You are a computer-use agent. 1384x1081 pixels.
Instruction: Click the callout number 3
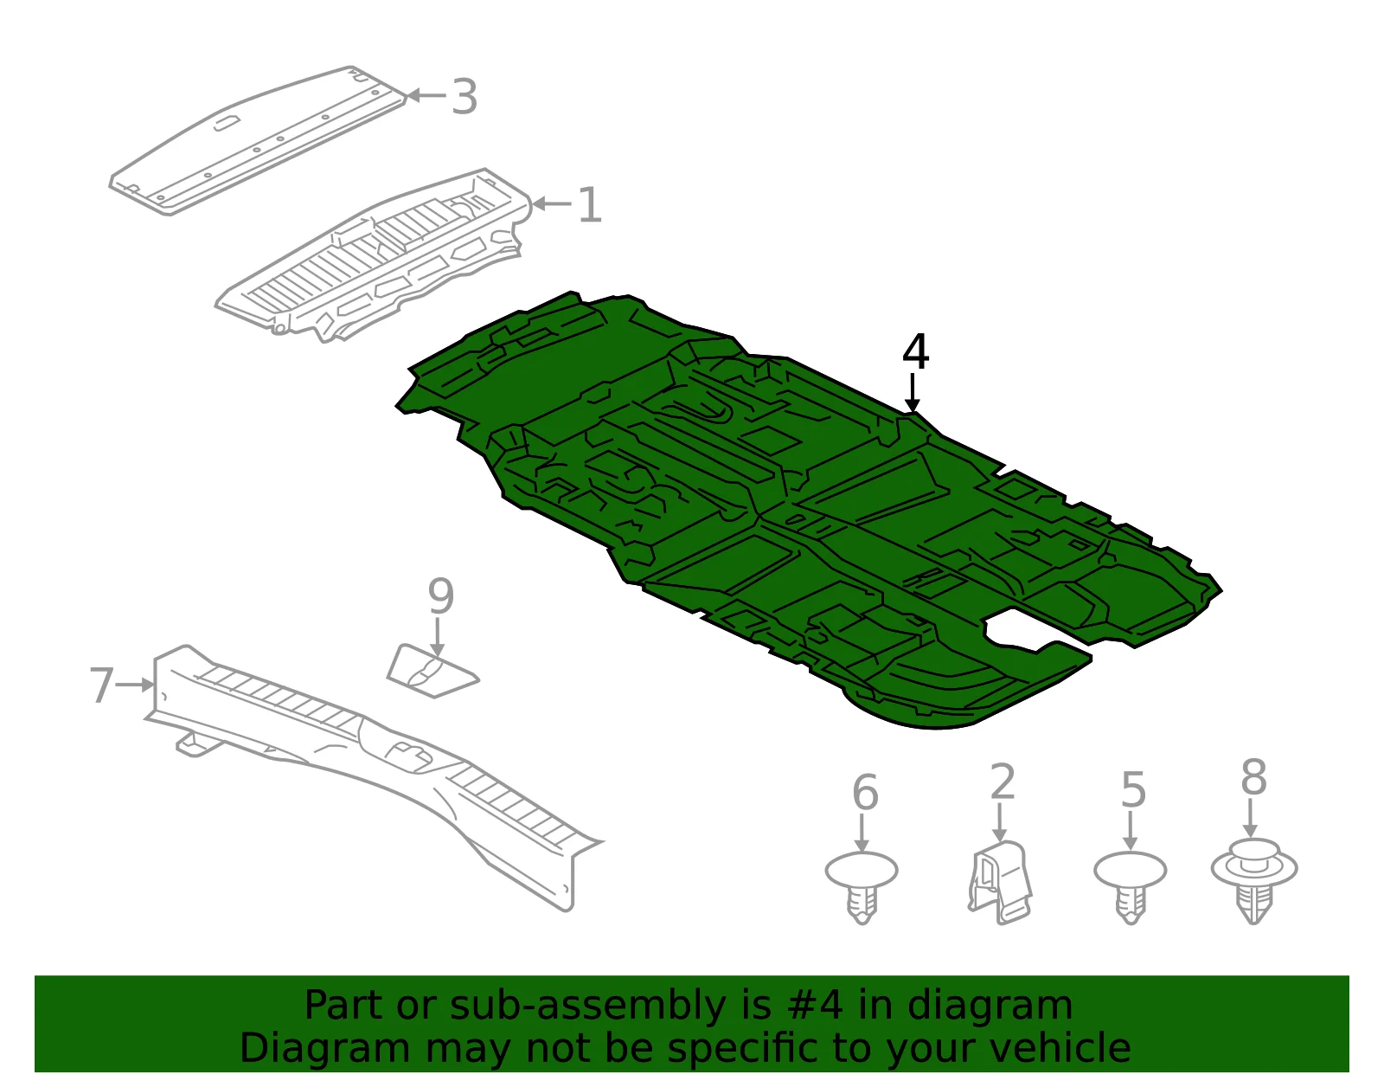[465, 97]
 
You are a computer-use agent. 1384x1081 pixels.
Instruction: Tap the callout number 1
[590, 204]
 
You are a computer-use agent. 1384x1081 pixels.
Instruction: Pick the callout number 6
[865, 793]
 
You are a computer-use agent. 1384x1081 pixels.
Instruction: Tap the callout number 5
[1133, 790]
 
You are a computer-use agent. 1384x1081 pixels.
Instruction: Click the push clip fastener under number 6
[861, 885]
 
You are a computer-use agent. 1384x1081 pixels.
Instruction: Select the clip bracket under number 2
[999, 882]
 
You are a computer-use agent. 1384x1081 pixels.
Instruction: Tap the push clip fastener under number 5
[1130, 885]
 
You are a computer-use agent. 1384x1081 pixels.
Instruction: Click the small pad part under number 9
[432, 672]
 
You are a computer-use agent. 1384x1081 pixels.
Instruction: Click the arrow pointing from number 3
[426, 95]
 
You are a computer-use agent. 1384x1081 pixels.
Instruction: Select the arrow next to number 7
[134, 685]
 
